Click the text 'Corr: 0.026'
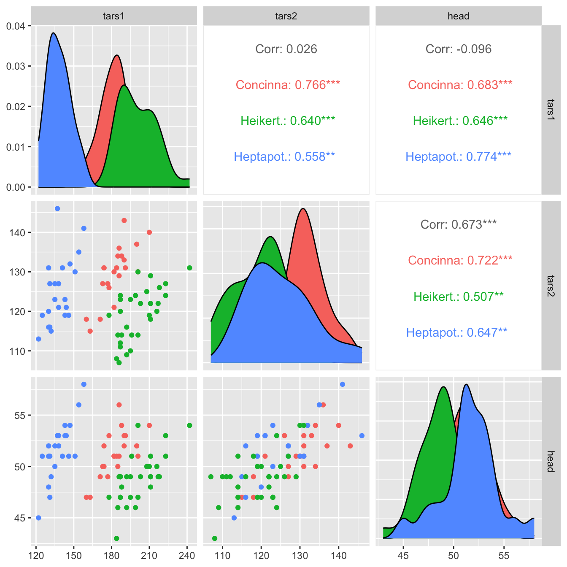coord(286,49)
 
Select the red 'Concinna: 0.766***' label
coord(288,85)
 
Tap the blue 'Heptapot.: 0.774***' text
coord(458,157)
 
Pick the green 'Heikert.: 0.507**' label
coord(458,297)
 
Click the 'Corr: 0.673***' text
coord(458,224)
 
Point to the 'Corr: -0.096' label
coord(458,49)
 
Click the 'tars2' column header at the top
coord(286,16)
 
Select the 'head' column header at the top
coord(458,16)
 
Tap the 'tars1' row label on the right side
coord(551,110)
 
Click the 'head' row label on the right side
coord(551,461)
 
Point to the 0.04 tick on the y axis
coord(16,26)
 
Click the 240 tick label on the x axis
coord(187,555)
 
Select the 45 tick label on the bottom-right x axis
coord(403,555)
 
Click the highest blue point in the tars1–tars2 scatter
coord(57,208)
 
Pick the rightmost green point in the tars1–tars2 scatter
coord(189,268)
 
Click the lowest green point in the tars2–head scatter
coord(215,538)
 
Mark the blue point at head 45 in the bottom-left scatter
coord(38,518)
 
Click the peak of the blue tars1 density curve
coord(54,33)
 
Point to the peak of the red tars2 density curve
coord(302,208)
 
